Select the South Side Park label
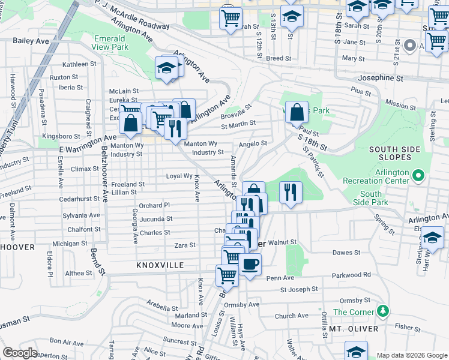coord(371,198)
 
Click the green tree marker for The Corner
coord(381,311)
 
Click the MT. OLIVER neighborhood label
coord(354,329)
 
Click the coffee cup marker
coord(250,264)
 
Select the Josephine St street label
coord(380,78)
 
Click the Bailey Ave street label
coord(30,41)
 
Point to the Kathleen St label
coord(79,64)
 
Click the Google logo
coord(20,353)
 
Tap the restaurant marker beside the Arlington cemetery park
coord(291,193)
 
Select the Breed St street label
coord(279,59)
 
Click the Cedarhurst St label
coord(79,199)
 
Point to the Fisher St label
coord(408,327)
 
